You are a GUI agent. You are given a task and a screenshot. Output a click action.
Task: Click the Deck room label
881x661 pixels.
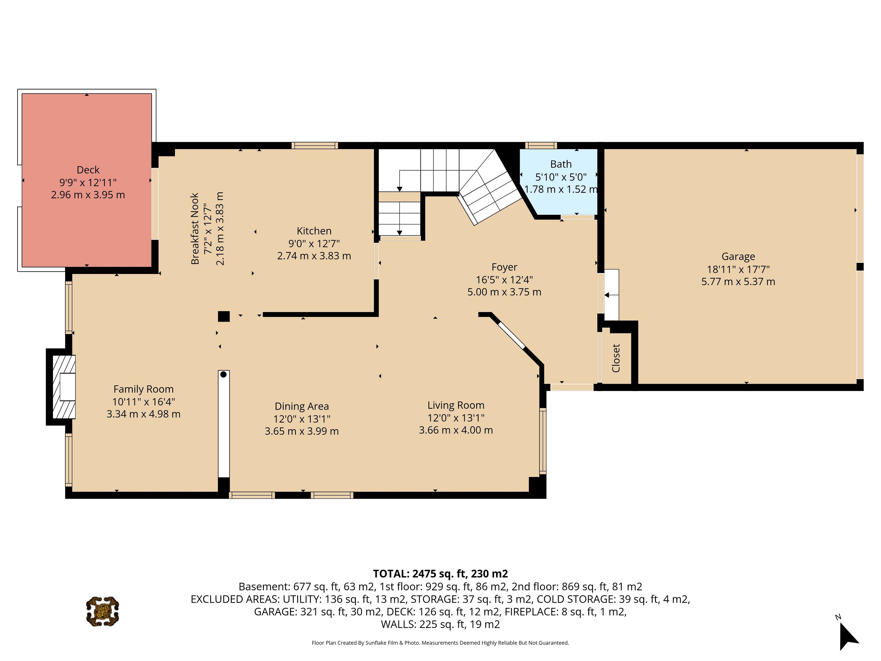click(x=88, y=170)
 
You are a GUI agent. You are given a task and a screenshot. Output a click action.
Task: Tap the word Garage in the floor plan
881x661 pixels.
click(x=738, y=257)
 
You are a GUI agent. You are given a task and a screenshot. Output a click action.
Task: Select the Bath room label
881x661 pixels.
click(x=561, y=164)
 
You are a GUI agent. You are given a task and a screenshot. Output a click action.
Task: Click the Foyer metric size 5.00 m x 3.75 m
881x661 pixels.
click(x=504, y=292)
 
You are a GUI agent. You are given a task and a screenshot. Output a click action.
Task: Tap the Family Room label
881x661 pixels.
click(x=143, y=389)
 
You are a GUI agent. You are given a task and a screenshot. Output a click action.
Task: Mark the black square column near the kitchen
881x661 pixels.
click(x=224, y=316)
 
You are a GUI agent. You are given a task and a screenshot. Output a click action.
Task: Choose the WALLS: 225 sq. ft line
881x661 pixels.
click(x=440, y=624)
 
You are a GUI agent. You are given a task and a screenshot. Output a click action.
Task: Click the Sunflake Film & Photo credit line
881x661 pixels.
click(x=440, y=643)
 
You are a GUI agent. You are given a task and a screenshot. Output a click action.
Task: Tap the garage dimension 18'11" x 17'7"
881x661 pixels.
click(x=738, y=269)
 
